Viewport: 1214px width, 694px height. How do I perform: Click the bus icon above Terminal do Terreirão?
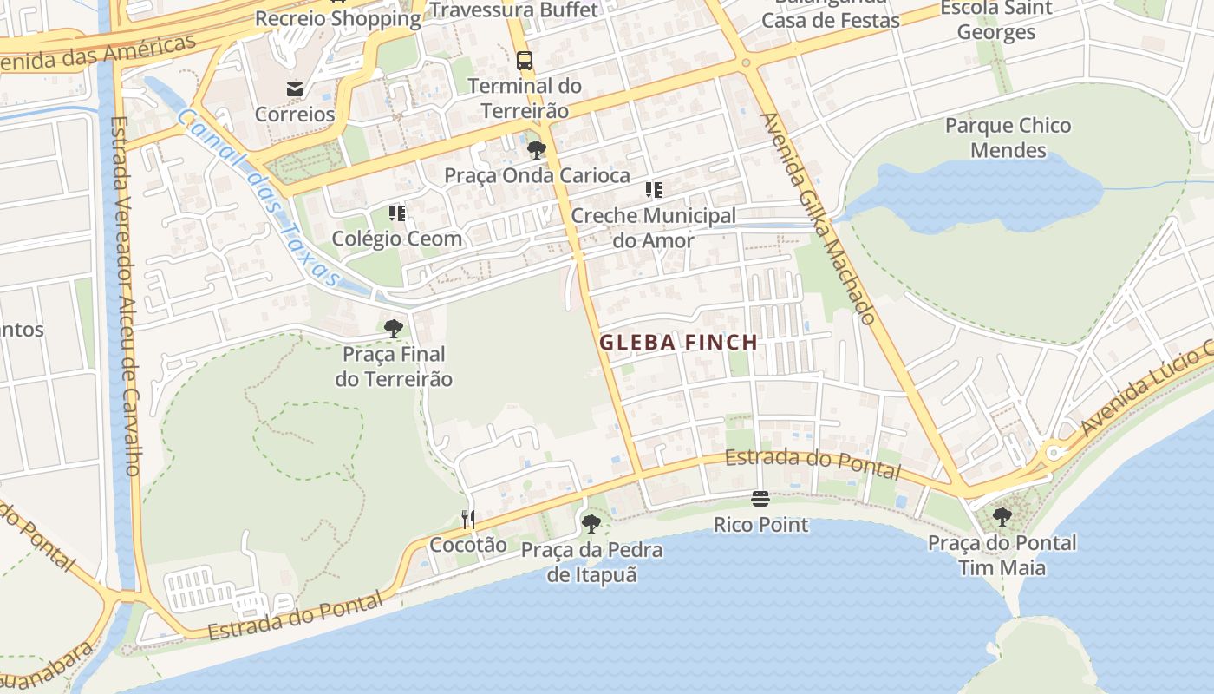pos(525,61)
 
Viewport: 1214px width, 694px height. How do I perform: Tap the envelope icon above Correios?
pos(295,88)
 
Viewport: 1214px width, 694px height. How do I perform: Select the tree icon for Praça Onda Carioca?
pos(537,150)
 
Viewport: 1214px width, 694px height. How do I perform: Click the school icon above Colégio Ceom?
pos(397,213)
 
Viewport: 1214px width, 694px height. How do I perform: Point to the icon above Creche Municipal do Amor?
pos(654,190)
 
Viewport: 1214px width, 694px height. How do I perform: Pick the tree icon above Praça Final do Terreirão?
pos(394,328)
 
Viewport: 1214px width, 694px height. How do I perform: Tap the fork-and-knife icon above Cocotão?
pos(468,519)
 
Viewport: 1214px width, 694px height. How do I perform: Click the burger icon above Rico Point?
pos(760,499)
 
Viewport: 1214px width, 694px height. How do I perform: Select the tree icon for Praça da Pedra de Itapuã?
pos(591,523)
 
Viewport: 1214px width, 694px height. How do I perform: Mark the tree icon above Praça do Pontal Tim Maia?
pos(1002,517)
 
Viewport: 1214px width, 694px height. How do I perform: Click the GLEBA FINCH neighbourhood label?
pos(679,343)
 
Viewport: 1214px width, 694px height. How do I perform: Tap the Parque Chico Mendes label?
pos(1008,138)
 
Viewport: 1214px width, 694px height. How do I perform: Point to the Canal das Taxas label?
pos(258,197)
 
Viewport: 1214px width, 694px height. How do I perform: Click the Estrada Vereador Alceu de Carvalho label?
pos(125,295)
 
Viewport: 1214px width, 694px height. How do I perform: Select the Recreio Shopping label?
pos(337,18)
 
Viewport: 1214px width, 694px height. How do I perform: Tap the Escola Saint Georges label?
pos(996,20)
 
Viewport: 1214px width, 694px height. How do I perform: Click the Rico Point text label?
pos(760,525)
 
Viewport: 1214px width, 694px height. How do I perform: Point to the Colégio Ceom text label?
pos(397,239)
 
